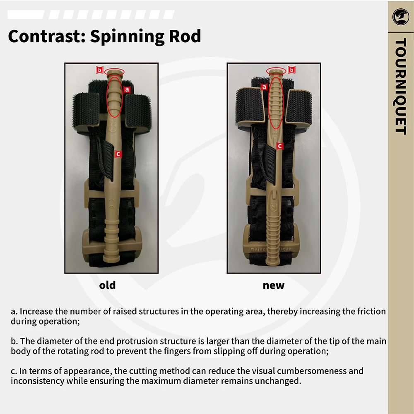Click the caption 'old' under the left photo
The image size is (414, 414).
pos(107,285)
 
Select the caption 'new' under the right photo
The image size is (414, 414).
pos(274,285)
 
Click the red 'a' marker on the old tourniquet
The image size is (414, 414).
pos(127,89)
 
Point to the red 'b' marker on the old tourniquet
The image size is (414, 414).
pos(99,70)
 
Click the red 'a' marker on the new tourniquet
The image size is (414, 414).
pos(264,87)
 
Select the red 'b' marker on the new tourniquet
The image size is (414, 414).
pos(291,70)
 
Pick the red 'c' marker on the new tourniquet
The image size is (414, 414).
pos(279,146)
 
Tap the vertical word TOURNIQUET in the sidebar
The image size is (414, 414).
pos(400,86)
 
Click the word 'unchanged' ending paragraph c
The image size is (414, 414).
pos(279,381)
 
